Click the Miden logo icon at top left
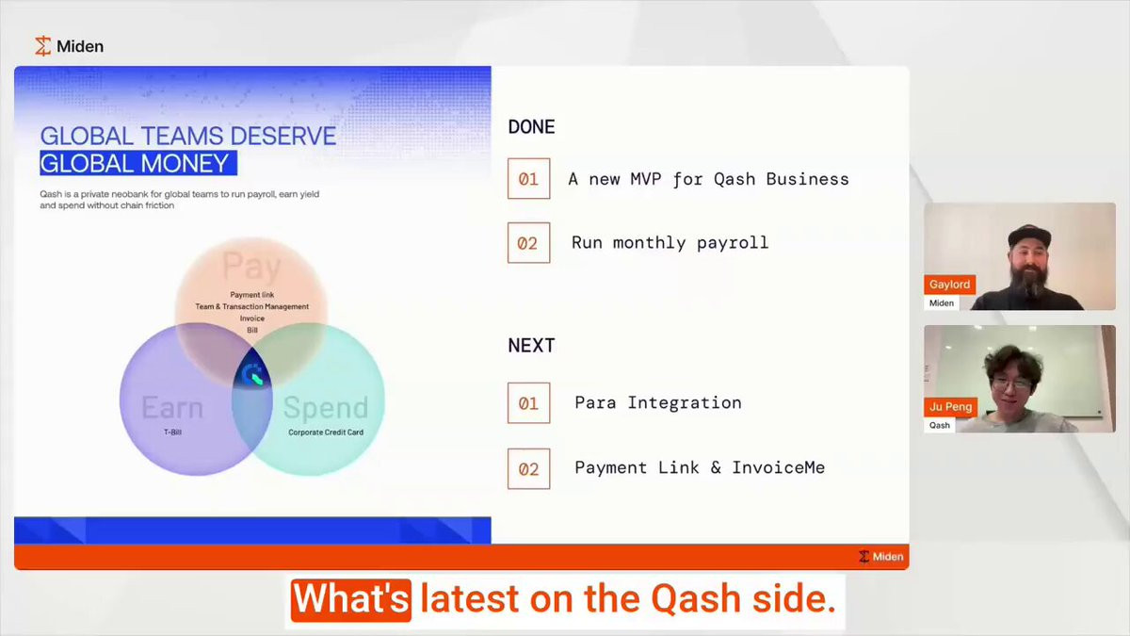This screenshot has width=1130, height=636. [x=43, y=46]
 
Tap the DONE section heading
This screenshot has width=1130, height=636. [x=531, y=126]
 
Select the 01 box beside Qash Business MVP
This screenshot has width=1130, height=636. [x=528, y=179]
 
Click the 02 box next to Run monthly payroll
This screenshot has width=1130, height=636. [x=528, y=243]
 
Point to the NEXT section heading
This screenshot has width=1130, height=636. [x=531, y=346]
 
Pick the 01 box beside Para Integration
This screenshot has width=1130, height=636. [x=528, y=403]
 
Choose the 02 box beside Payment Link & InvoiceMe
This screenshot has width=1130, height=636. [x=528, y=469]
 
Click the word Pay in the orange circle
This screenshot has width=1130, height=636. [x=251, y=266]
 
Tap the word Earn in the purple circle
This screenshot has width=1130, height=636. [x=172, y=407]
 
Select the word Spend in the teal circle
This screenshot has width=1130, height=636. [x=326, y=408]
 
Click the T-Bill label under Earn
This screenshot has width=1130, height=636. [x=172, y=432]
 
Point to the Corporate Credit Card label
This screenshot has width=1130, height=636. [x=326, y=432]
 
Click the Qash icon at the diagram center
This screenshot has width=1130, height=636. [x=252, y=375]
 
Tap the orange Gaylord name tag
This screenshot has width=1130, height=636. [x=949, y=285]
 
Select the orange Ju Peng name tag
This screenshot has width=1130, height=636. [x=950, y=407]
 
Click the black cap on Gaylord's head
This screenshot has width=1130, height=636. [x=1029, y=236]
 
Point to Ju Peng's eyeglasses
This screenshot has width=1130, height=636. [x=1011, y=384]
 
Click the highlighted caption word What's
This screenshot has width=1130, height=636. [x=351, y=599]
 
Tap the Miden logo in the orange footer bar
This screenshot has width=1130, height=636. [x=880, y=556]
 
